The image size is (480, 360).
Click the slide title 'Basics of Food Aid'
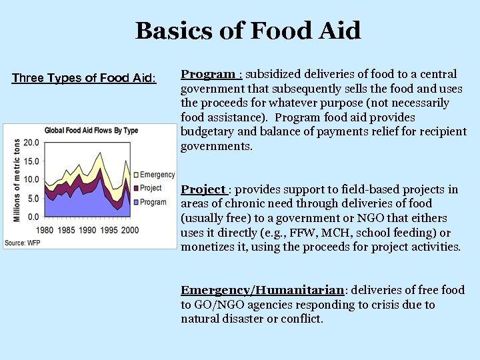248,31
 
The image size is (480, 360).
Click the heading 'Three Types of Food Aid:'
84,78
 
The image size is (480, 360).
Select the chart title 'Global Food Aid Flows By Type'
91,130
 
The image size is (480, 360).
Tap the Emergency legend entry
157,175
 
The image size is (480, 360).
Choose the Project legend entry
152,188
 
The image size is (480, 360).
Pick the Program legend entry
153,202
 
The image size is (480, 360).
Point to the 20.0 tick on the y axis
31,142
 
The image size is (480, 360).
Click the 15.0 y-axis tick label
31,161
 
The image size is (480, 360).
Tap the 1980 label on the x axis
45,230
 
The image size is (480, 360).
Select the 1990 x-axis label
87,230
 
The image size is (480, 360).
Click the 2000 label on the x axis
129,230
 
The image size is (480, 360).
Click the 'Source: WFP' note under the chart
22,243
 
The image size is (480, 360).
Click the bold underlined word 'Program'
208,74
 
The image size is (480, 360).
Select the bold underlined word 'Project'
203,189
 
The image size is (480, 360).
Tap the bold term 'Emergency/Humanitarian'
262,290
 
